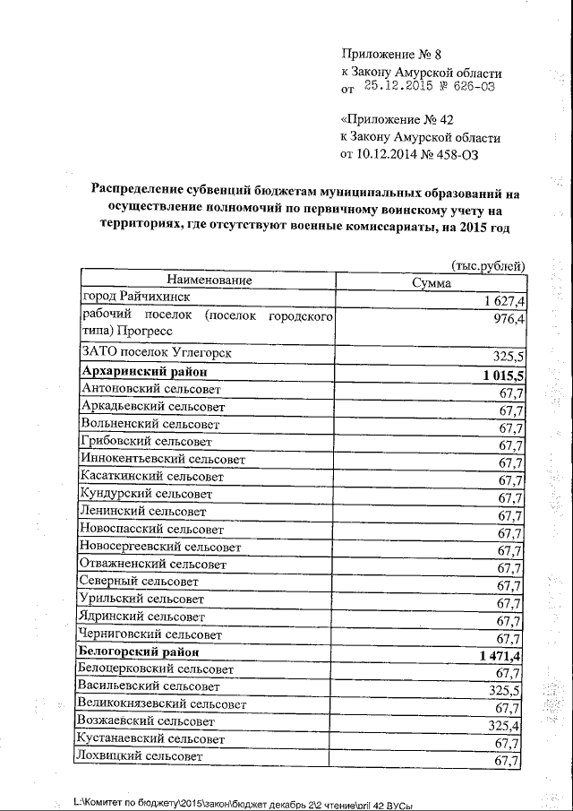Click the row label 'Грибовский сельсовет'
point(146,442)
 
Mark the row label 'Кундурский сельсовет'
point(147,494)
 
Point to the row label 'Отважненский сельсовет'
point(153,565)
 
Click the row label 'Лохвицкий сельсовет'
point(141,756)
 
